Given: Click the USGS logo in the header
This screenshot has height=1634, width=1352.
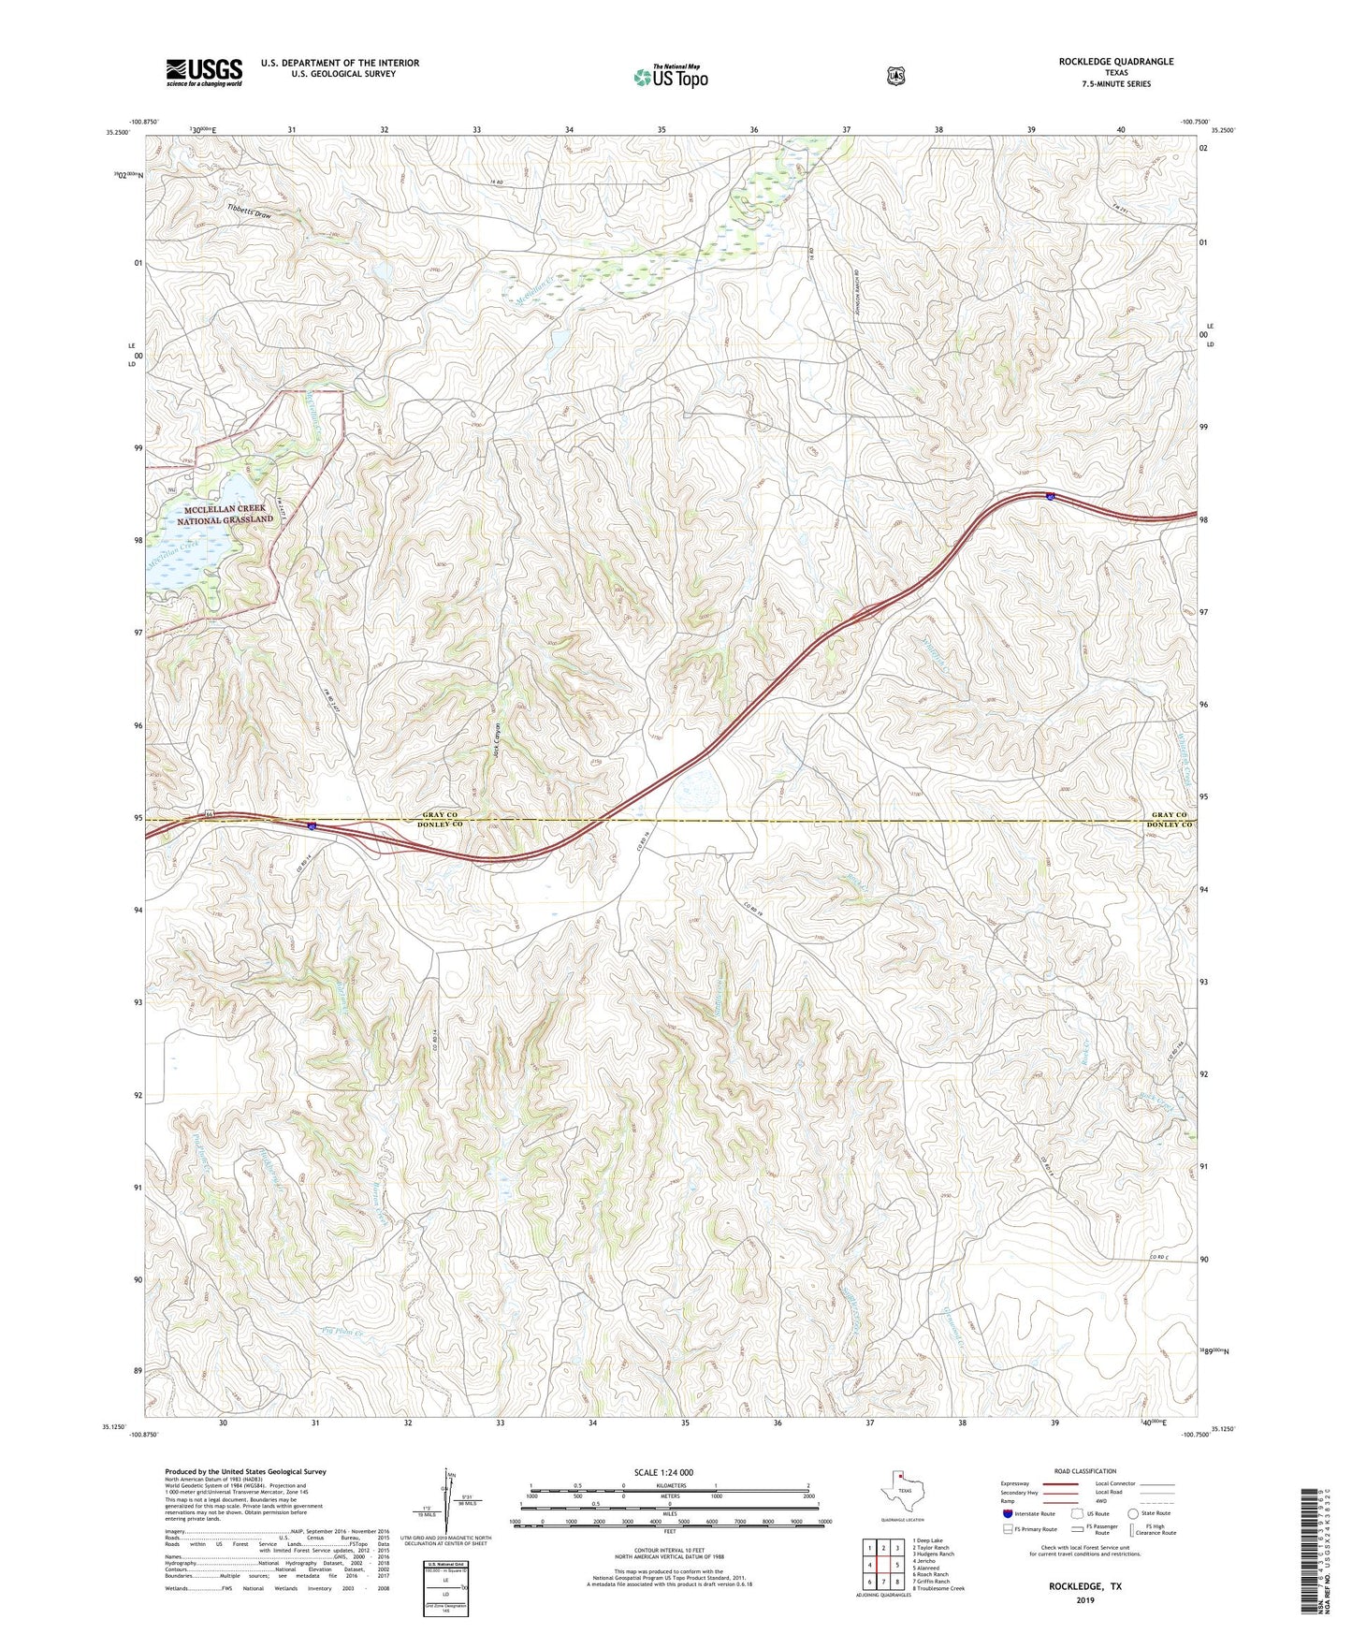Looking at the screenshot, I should point(204,72).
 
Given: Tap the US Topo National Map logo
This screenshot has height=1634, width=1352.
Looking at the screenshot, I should point(670,77).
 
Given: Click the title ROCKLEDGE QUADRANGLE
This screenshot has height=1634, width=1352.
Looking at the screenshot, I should point(1115,62).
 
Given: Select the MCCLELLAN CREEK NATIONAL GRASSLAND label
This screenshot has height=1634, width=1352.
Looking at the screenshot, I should point(225,514).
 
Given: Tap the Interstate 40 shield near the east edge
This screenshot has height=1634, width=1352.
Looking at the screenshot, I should point(1051,497).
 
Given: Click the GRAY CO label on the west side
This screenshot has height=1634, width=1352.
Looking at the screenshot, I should point(440,815).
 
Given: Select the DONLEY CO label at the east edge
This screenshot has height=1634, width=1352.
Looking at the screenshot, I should point(1170,825).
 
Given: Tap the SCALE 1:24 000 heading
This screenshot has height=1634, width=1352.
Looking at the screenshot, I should point(663,1472).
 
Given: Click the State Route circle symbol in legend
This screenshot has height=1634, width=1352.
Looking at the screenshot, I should point(1133,1513).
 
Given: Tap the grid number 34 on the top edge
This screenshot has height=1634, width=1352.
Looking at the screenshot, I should point(569,129).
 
